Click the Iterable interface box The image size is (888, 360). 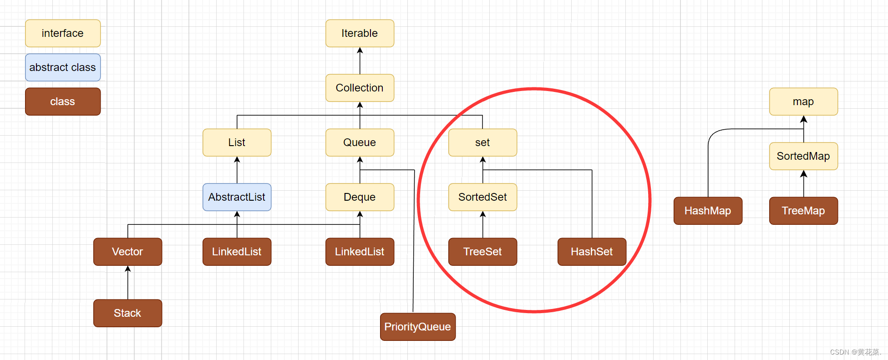(x=360, y=33)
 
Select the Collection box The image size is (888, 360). (x=360, y=88)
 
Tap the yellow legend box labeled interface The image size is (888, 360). (x=63, y=33)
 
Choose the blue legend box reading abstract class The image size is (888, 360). (x=63, y=67)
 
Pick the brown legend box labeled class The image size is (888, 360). (x=63, y=101)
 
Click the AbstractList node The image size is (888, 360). (x=237, y=197)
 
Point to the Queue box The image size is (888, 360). (x=360, y=142)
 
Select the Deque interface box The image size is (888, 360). (x=360, y=197)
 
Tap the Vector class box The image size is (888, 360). (x=127, y=252)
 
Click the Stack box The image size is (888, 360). (x=127, y=313)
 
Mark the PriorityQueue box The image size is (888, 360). (x=417, y=327)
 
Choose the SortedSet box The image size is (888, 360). (x=482, y=197)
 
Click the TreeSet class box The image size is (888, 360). (x=482, y=252)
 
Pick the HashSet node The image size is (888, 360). (x=592, y=252)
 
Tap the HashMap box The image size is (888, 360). (x=708, y=211)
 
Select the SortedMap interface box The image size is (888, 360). (x=803, y=156)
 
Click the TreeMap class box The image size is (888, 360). (x=803, y=211)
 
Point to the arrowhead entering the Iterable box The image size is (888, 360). (x=360, y=51)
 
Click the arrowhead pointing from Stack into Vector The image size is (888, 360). (x=128, y=269)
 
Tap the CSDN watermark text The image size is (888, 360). (x=855, y=352)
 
